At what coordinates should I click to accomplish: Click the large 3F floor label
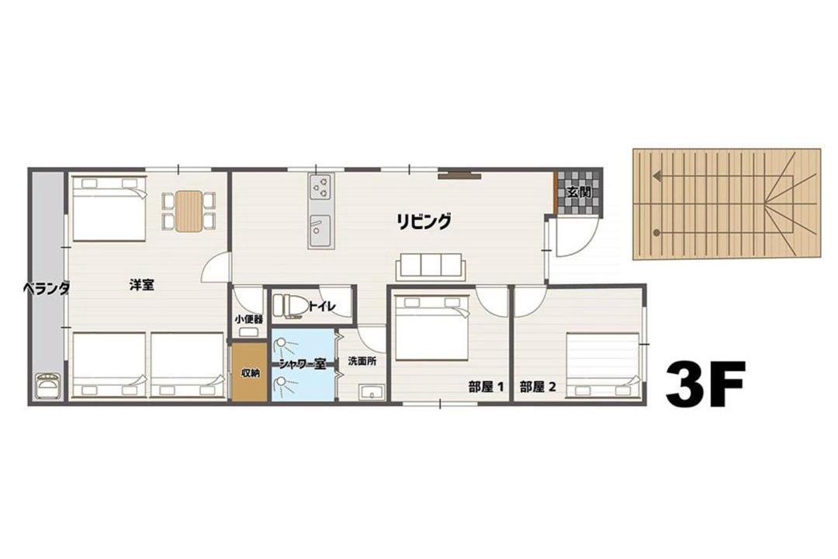coord(705,384)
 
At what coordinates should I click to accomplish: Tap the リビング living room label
coord(424,221)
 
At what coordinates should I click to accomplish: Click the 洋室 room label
coord(142,285)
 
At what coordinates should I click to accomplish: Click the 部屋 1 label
coord(487,387)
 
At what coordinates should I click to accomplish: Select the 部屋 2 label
coord(538,387)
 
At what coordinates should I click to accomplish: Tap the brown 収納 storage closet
coord(249,372)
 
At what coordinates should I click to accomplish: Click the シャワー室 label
coord(303,365)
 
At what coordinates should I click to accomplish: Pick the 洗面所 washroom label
coord(362,361)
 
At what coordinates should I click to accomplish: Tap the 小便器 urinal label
coord(248,319)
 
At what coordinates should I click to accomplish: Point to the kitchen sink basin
coord(321,227)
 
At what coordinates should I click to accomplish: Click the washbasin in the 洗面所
coord(372,393)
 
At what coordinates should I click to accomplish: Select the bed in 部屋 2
coord(602,366)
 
